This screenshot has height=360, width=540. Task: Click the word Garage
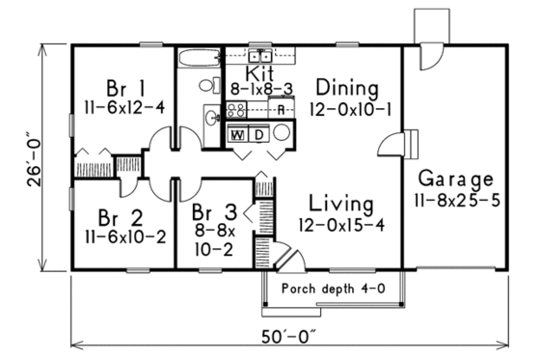(456, 180)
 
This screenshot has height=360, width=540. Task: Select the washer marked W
(237, 134)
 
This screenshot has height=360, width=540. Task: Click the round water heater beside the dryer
(280, 134)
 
